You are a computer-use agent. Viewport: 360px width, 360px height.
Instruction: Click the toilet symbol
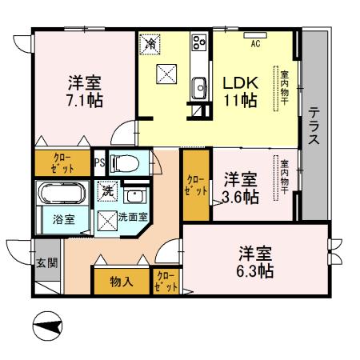coord(126,162)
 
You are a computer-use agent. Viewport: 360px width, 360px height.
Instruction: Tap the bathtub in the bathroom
coord(62,193)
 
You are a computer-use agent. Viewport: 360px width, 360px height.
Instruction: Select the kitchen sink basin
coord(199,88)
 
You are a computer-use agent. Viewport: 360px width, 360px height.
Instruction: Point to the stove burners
coord(199,42)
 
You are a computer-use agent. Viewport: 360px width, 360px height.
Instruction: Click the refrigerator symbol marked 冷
coord(150,44)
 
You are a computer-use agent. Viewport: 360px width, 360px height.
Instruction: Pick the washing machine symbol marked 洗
coord(107,191)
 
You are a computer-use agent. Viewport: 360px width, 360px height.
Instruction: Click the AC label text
coord(255,43)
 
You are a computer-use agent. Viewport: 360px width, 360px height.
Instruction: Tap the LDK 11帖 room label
coord(240,92)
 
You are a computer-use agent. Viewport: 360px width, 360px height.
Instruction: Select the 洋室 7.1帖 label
coord(85,91)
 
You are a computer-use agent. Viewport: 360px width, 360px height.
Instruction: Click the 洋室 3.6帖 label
coord(240,188)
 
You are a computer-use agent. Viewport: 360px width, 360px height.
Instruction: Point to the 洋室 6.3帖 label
coord(255,262)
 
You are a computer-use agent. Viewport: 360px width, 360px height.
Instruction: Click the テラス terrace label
coord(314,126)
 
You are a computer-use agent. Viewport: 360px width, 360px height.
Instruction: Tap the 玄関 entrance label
coord(47,263)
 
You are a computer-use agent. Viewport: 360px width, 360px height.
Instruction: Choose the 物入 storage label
coord(122,282)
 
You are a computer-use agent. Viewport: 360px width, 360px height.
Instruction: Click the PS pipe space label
coord(100,162)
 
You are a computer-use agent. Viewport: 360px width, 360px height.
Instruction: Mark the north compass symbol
coord(47,326)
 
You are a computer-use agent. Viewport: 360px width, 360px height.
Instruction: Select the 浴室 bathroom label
coord(63,219)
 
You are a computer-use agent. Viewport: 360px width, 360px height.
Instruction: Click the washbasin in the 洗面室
coord(134,197)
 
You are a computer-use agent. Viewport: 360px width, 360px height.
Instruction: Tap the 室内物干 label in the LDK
coord(285,88)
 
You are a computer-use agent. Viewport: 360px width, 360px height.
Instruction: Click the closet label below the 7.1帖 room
coord(62,163)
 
